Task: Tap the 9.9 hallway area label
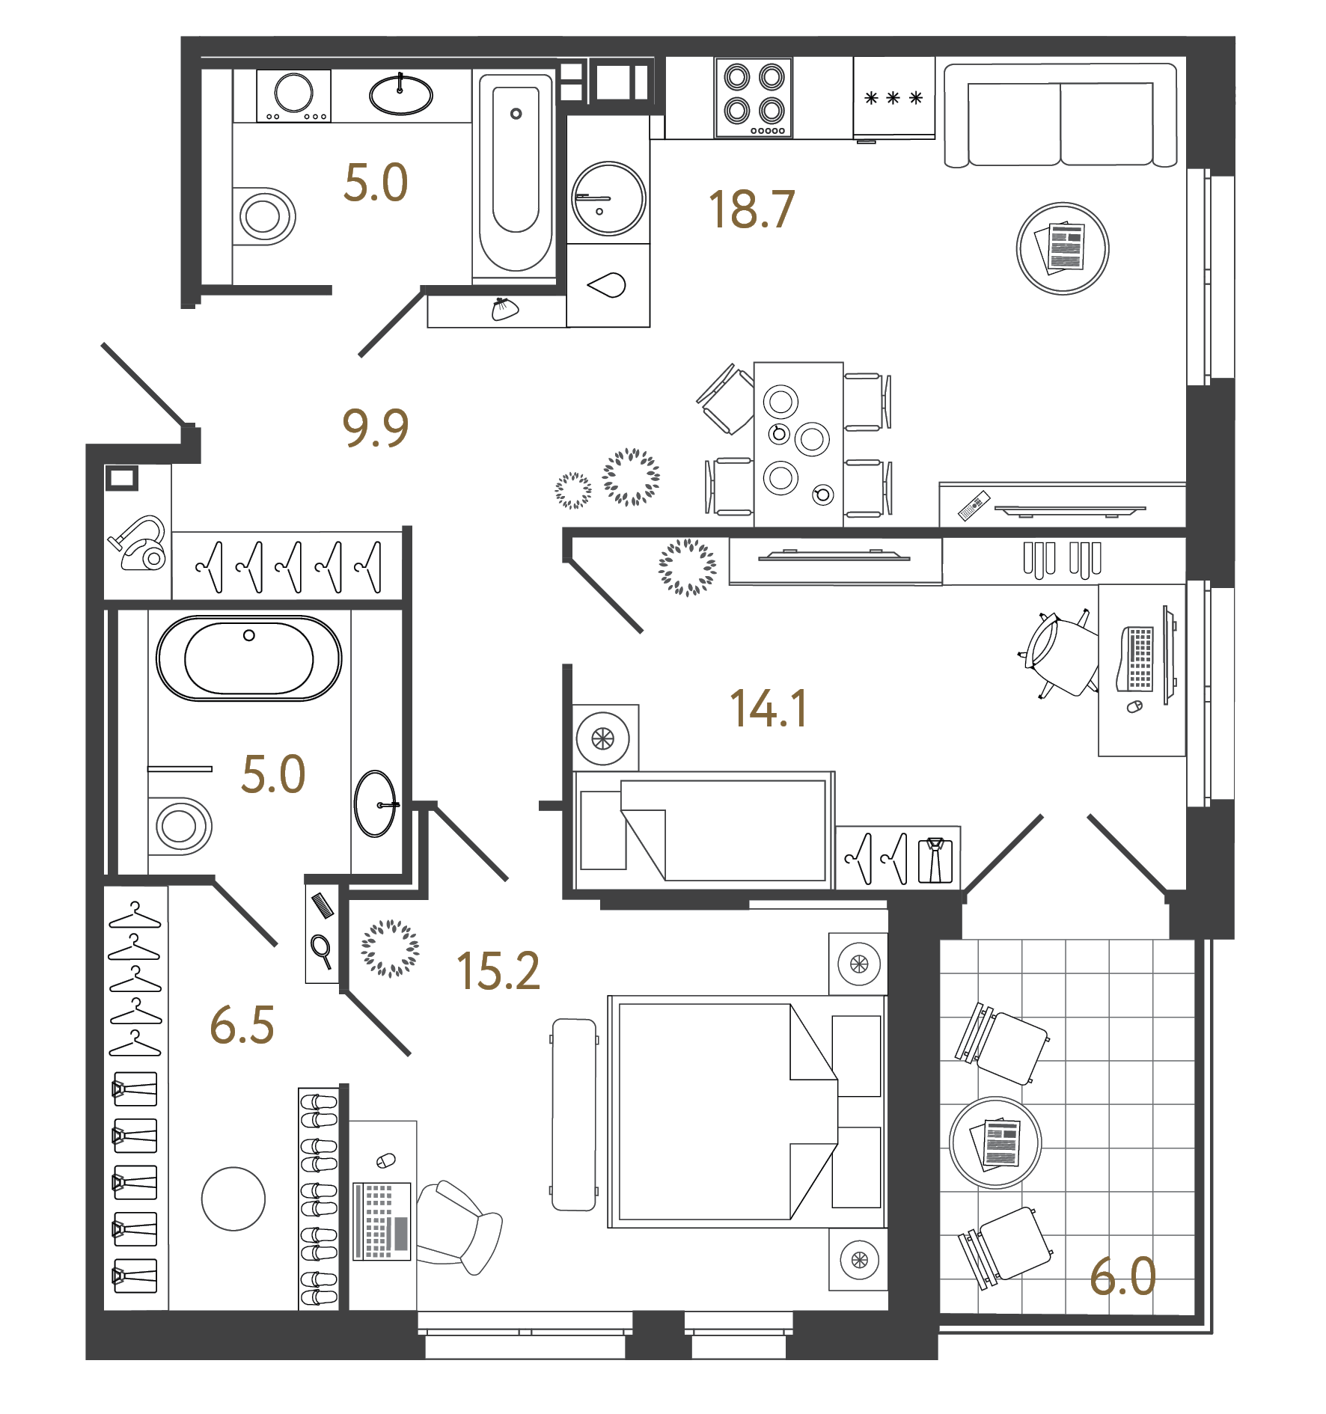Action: [x=375, y=428]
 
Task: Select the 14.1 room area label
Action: [x=769, y=708]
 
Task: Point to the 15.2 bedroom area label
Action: [x=498, y=971]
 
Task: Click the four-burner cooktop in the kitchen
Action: [x=754, y=98]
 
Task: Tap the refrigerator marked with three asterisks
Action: [x=893, y=98]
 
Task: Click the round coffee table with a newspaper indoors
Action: [x=1062, y=248]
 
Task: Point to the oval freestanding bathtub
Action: [x=248, y=658]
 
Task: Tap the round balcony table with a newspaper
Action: [x=995, y=1142]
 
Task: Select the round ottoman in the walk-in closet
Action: [x=233, y=1199]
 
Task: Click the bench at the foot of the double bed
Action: [x=574, y=1114]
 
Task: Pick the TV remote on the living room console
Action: [x=974, y=506]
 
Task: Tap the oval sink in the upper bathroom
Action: [x=400, y=95]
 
